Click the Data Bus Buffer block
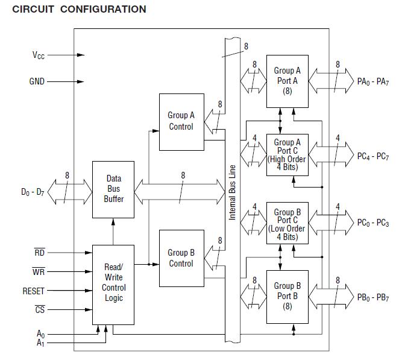click(x=113, y=189)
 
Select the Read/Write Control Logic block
click(x=113, y=282)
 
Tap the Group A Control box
click(x=181, y=121)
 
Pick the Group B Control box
click(x=181, y=258)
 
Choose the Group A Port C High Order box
click(x=287, y=155)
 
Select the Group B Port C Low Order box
click(x=287, y=224)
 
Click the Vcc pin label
click(x=39, y=55)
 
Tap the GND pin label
click(x=37, y=81)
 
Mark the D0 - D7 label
click(x=33, y=193)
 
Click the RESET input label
click(x=34, y=291)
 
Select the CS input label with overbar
click(x=39, y=310)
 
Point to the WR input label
click(x=39, y=272)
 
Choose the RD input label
click(x=39, y=253)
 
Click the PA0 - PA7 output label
click(x=372, y=81)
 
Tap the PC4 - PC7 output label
click(x=373, y=156)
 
